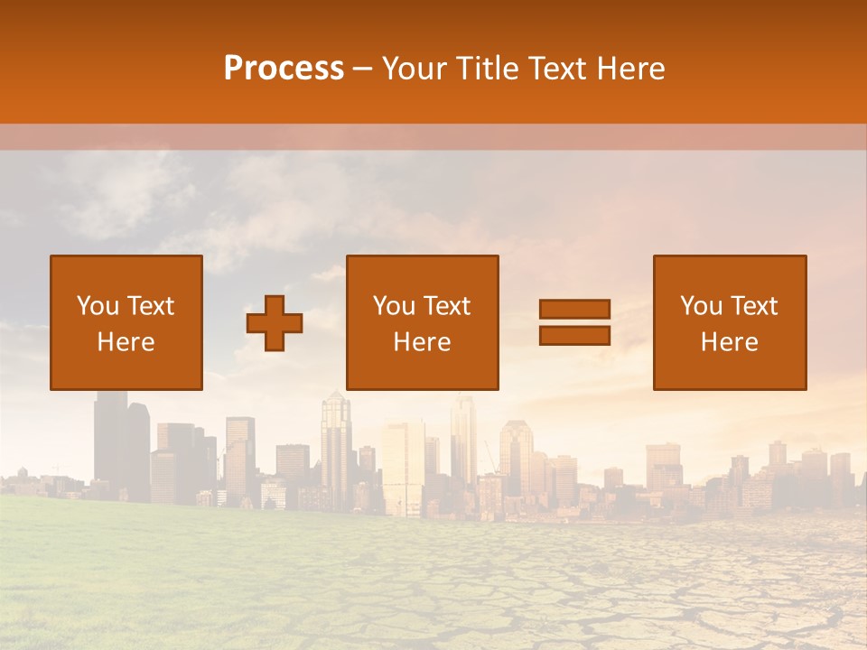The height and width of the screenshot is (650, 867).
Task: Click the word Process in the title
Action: [284, 69]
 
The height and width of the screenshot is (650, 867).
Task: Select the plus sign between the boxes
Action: [275, 323]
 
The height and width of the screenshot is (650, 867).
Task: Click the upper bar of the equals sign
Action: [574, 309]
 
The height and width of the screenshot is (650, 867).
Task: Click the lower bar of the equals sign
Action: [574, 335]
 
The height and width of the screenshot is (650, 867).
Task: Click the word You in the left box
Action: [97, 306]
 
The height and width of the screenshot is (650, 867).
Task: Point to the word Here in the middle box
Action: [423, 342]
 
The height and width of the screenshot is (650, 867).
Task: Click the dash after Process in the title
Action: [362, 69]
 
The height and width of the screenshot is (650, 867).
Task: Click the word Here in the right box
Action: [730, 342]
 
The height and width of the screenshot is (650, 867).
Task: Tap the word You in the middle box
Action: [393, 306]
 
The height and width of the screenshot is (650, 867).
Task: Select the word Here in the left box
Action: [126, 342]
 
